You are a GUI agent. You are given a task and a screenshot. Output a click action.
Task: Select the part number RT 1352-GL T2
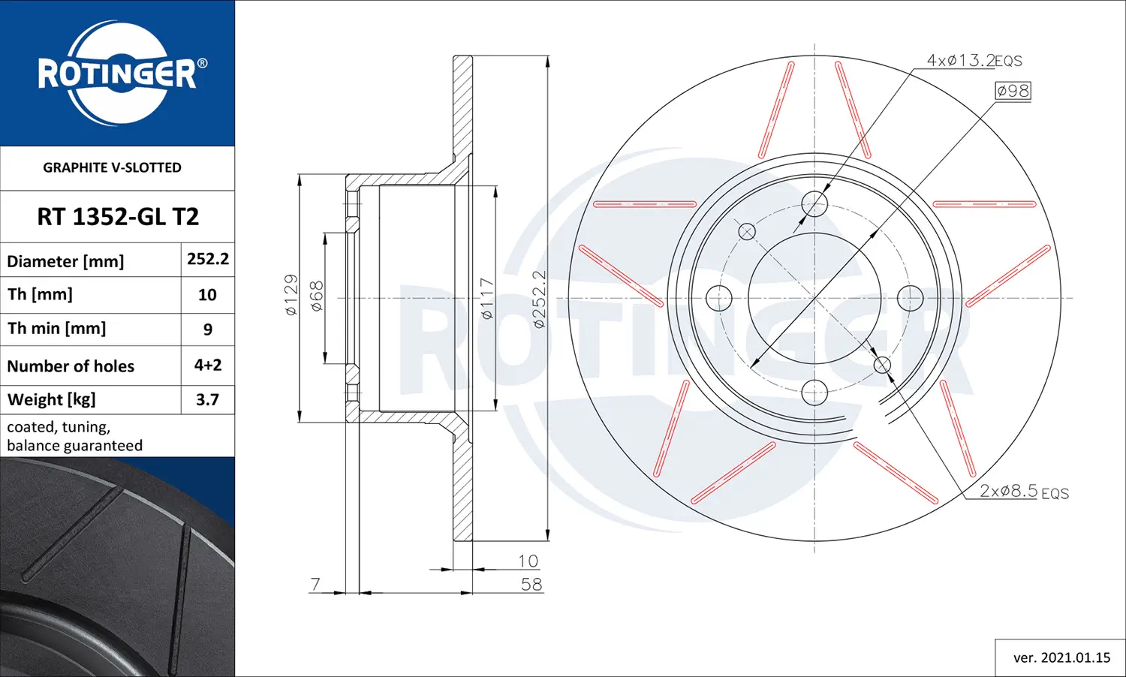point(118,217)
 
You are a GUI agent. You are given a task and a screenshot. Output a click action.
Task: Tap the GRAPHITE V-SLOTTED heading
point(112,167)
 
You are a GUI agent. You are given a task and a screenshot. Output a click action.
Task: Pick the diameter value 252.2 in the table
point(208,259)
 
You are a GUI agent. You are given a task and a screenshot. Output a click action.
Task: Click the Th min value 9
point(208,329)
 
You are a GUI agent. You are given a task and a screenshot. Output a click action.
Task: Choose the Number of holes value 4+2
point(208,365)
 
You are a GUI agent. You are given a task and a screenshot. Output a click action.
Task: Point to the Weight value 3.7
point(208,399)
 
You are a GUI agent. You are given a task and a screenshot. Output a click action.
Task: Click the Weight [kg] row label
point(51,399)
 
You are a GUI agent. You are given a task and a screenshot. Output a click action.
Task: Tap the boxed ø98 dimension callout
point(1013,91)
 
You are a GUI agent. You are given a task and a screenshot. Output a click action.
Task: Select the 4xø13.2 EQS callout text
point(974,61)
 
